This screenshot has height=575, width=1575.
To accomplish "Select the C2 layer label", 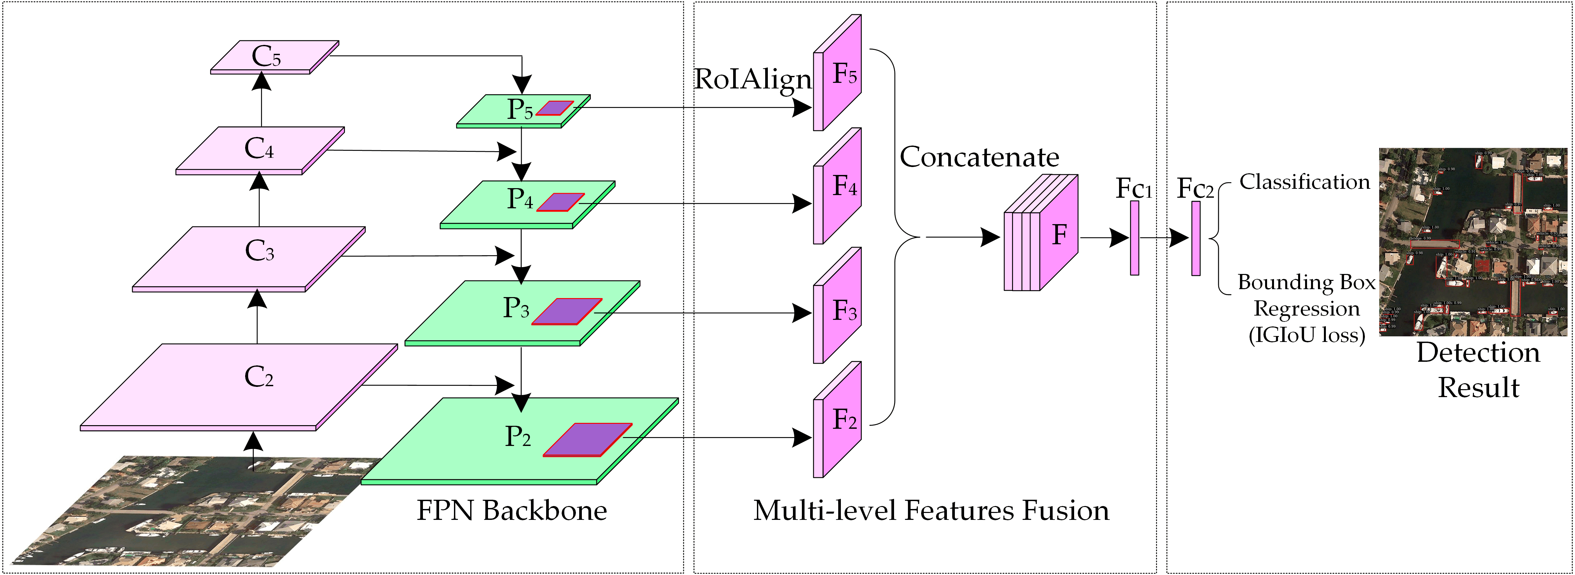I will pos(259,377).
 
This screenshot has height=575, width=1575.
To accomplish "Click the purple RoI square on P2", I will pos(587,439).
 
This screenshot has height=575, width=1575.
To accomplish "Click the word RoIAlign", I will pos(752,80).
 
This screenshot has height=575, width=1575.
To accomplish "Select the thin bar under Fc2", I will pos(1195,238).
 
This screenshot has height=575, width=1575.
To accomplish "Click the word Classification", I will pos(1304,182).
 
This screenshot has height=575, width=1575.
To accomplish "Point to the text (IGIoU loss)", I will pos(1307,335).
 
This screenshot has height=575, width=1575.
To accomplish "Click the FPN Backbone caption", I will pos(511,510).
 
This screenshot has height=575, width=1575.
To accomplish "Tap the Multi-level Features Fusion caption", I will pos(931,510).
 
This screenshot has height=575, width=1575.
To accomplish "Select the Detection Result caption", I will pos(1478,370).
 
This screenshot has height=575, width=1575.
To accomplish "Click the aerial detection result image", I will pos(1473,242).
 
